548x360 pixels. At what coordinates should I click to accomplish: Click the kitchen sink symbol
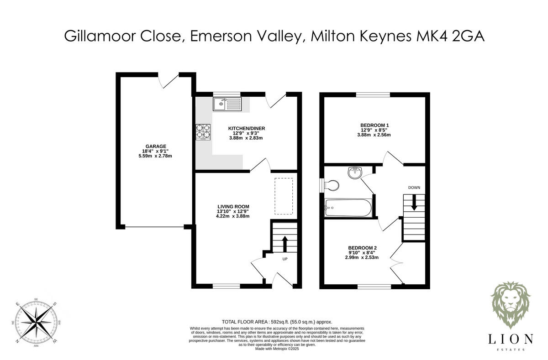(x=227, y=104)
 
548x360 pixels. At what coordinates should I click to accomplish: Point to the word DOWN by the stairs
(x=414, y=188)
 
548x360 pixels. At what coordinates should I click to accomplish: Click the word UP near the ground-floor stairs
(x=285, y=259)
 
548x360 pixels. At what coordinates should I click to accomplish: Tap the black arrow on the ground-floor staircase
(x=285, y=243)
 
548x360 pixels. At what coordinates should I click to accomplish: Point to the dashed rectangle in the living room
(x=283, y=196)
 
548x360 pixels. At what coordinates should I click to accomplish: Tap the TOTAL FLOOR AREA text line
(x=277, y=322)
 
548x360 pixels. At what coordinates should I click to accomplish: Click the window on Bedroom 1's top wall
(x=373, y=95)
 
